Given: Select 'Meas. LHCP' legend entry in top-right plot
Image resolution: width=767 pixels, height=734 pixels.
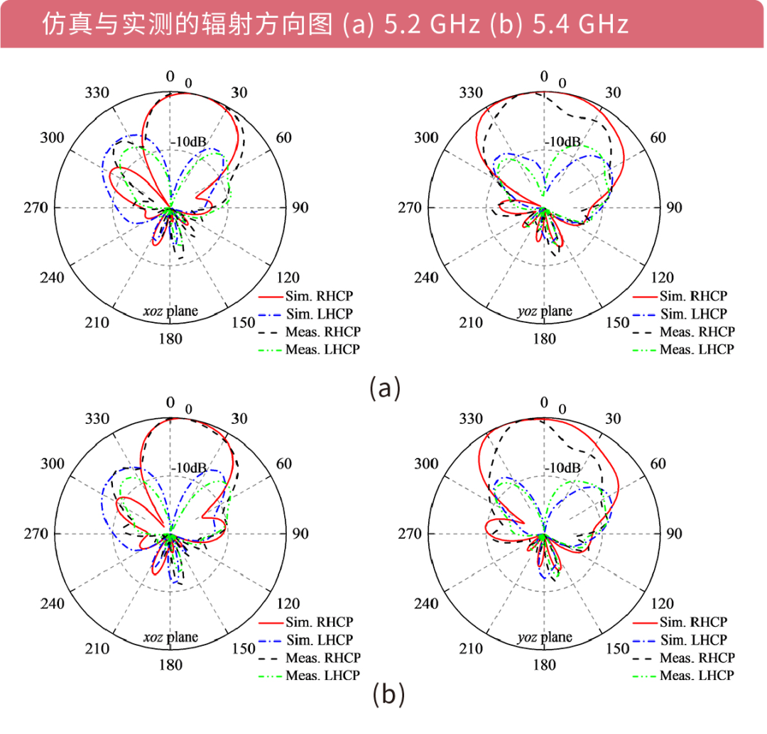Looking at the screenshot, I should [x=697, y=349].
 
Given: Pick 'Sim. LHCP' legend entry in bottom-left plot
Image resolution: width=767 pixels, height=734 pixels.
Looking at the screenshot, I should [x=320, y=640].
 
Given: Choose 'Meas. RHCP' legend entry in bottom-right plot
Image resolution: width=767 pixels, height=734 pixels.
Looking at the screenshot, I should [x=697, y=658].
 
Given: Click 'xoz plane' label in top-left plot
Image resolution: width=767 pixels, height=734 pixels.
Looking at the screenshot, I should [x=170, y=311].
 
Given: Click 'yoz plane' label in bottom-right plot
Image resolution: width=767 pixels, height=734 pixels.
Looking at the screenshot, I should [x=544, y=637].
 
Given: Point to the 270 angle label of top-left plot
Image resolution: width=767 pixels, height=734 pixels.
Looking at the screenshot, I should [x=35, y=208].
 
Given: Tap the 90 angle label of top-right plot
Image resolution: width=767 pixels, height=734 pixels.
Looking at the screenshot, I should [x=674, y=208].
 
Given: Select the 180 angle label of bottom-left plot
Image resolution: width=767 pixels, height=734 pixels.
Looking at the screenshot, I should [x=170, y=665].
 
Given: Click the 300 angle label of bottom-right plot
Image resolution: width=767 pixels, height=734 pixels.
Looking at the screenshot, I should [x=426, y=464].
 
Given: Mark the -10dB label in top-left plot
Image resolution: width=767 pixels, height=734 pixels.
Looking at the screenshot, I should [x=188, y=142].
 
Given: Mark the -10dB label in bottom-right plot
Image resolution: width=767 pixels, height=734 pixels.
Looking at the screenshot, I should [x=562, y=469].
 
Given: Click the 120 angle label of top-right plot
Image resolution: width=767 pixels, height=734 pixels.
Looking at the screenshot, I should [x=663, y=278].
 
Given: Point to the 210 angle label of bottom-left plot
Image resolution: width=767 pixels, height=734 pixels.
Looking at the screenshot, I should [x=97, y=649].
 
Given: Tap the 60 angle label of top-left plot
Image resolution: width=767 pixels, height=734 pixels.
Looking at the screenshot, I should [x=283, y=138].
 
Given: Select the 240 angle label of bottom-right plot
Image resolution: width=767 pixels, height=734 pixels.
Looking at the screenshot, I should [x=426, y=604].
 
